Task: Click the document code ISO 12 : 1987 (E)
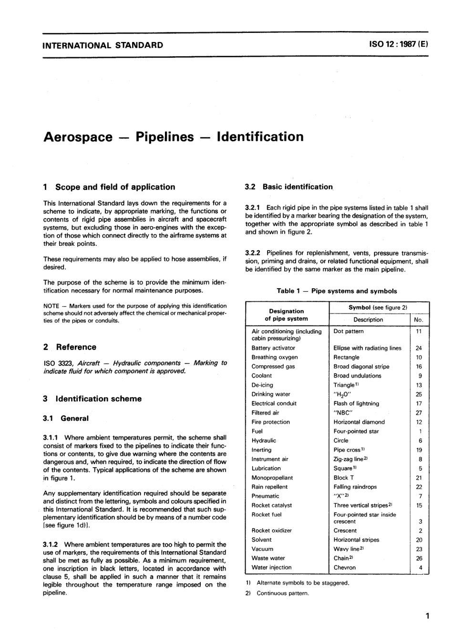pyautogui.click(x=399, y=45)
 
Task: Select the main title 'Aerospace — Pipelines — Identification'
pyautogui.click(x=173, y=137)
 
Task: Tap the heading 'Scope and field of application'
pyautogui.click(x=115, y=187)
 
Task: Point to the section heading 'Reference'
pyautogui.click(x=76, y=347)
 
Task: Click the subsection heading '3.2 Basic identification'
pyautogui.click(x=289, y=187)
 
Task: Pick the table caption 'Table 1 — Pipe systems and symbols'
pyautogui.click(x=337, y=291)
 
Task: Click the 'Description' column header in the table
pyautogui.click(x=368, y=319)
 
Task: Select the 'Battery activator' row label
pyautogui.click(x=273, y=348)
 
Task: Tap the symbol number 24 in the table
pyautogui.click(x=419, y=348)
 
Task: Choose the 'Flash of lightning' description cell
pyautogui.click(x=356, y=403)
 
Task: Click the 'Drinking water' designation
pyautogui.click(x=270, y=394)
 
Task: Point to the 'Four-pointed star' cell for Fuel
pyautogui.click(x=356, y=431)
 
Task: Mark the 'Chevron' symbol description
pyautogui.click(x=344, y=567)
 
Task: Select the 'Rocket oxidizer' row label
pyautogui.click(x=271, y=530)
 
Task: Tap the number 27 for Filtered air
pyautogui.click(x=419, y=413)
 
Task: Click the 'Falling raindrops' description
pyautogui.click(x=355, y=487)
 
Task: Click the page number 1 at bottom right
pyautogui.click(x=427, y=616)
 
